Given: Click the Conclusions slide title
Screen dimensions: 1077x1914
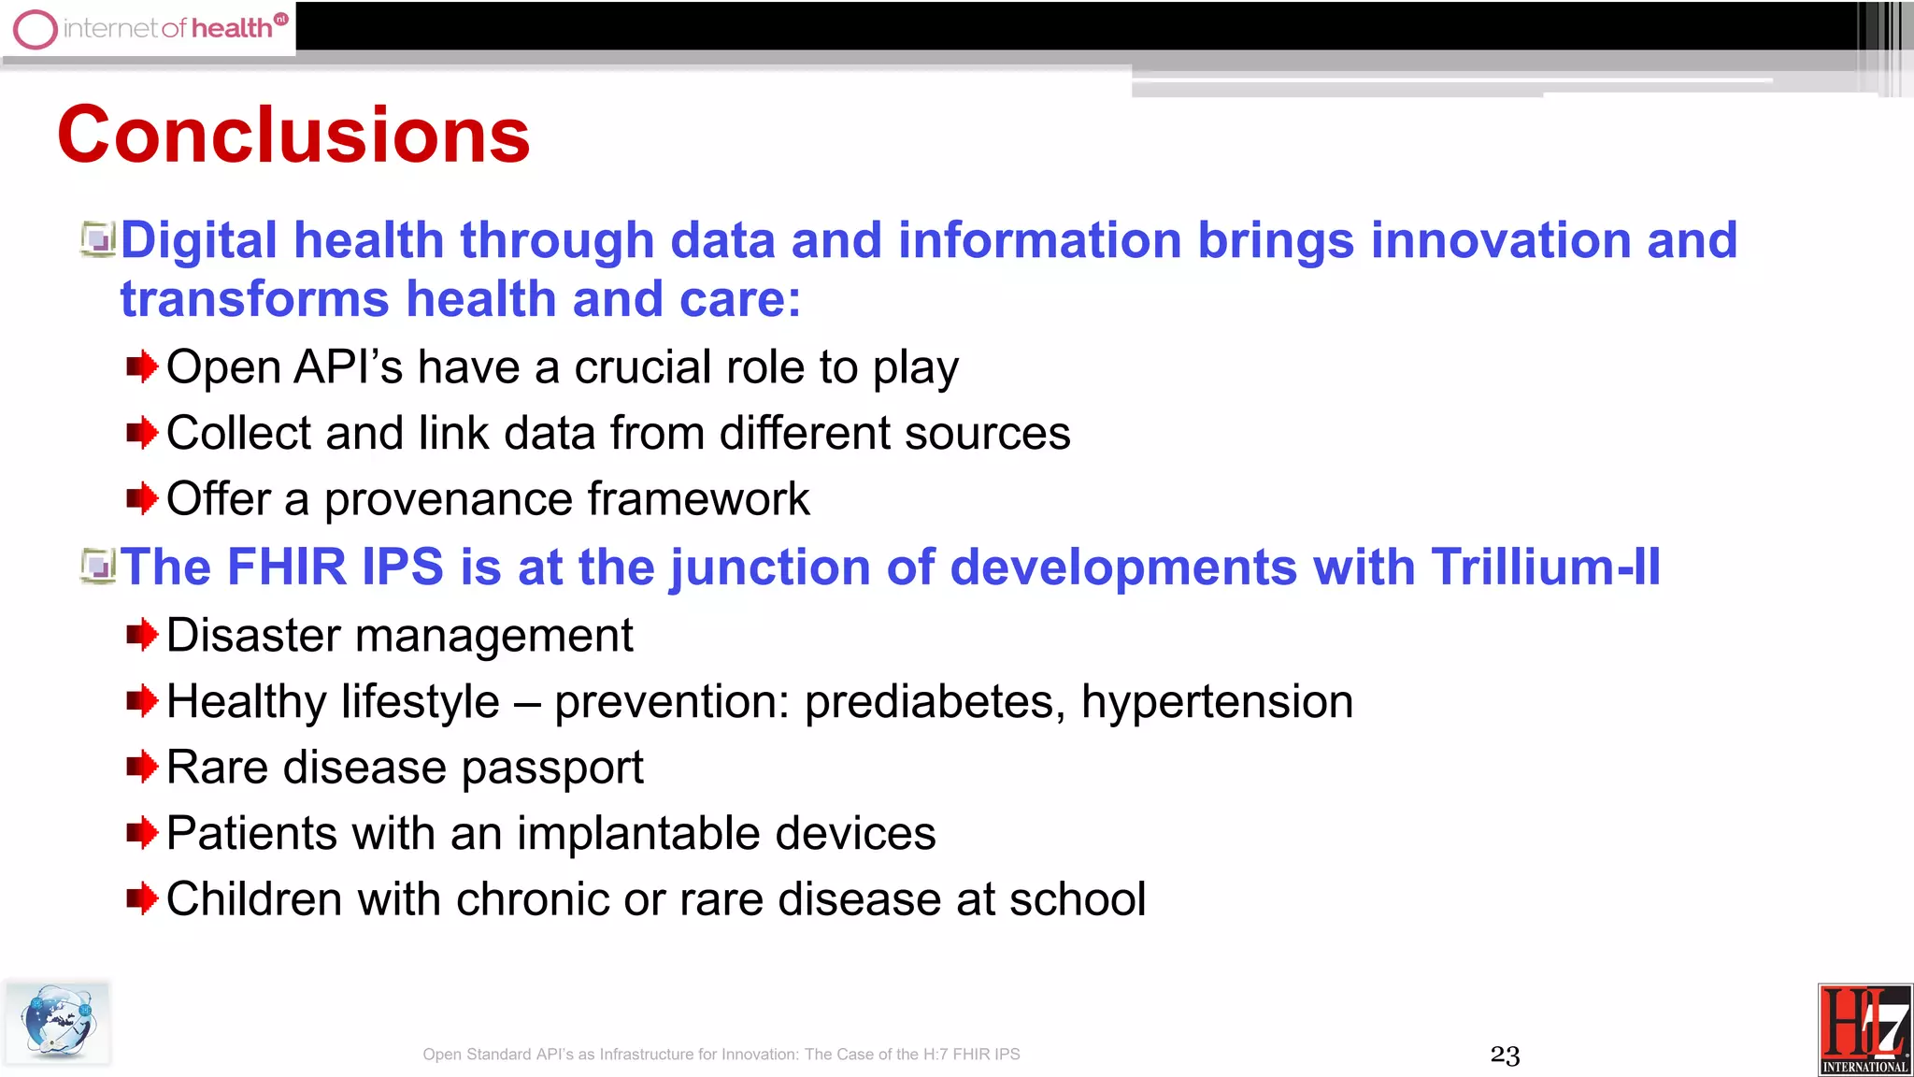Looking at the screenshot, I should [x=293, y=136].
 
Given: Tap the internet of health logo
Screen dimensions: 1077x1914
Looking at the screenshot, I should [x=150, y=28].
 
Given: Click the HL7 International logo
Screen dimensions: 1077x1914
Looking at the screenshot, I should [x=1864, y=1029].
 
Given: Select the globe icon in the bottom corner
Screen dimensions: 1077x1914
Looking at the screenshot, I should [x=57, y=1021].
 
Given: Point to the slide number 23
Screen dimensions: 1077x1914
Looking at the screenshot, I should [x=1505, y=1055].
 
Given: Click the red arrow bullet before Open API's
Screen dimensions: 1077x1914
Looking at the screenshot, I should [x=142, y=367].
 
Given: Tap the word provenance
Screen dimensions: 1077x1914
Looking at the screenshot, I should [x=448, y=499].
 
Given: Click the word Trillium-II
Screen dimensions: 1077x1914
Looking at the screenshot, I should [x=1545, y=567].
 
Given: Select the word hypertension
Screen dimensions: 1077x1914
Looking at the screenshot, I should [x=1217, y=702].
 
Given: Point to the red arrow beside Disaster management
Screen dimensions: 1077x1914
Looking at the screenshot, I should [x=142, y=636].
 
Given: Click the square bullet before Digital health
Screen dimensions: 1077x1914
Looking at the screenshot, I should [x=98, y=239].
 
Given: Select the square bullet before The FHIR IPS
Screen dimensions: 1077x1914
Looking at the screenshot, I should [x=98, y=567].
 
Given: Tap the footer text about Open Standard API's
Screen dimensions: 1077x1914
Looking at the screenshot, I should [x=721, y=1055].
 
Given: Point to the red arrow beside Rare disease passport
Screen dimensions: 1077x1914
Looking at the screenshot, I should [x=142, y=768].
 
